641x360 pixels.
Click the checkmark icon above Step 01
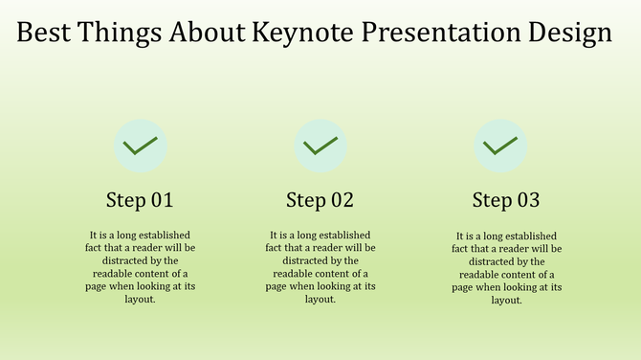141,146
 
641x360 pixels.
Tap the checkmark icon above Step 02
320,146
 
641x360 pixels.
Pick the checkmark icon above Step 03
500,146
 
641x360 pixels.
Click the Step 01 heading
140,201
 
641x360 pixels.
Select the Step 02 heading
320,201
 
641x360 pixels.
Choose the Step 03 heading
506,201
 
